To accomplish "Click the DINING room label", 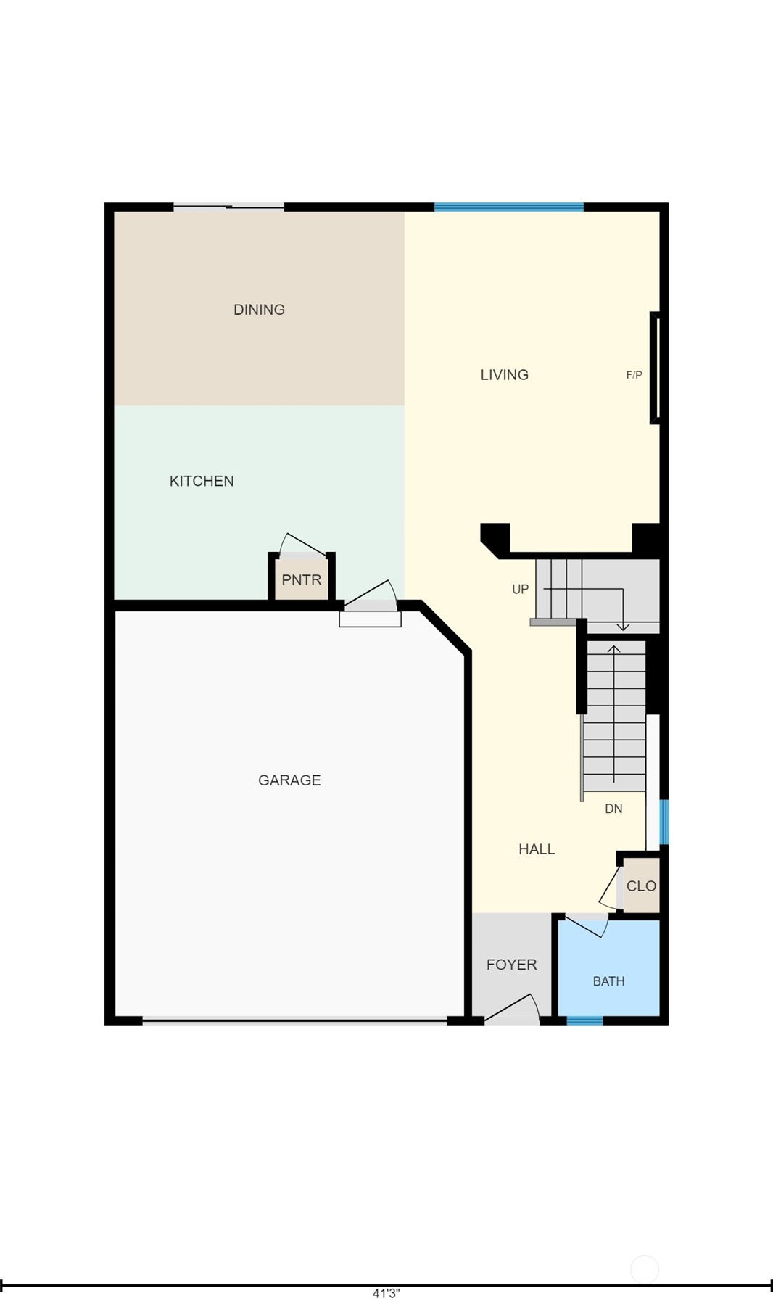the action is [259, 310].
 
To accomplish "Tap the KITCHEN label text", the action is [202, 481].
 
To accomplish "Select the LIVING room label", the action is [505, 375].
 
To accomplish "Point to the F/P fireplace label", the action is [634, 375].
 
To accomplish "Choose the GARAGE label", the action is [289, 780].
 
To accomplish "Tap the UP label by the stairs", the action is [521, 589].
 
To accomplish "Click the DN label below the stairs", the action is [613, 809].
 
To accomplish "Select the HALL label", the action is [537, 849].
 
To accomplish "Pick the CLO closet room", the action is [641, 886].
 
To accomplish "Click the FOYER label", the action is [512, 965].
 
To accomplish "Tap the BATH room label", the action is [608, 981].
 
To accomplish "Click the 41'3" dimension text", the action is [386, 1293].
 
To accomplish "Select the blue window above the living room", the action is [509, 207].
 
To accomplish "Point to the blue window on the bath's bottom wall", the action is [584, 1020].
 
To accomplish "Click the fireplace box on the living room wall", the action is [655, 368].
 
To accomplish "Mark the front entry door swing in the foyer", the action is [513, 1008].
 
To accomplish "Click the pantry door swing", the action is [302, 545].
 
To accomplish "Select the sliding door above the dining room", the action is [228, 207].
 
